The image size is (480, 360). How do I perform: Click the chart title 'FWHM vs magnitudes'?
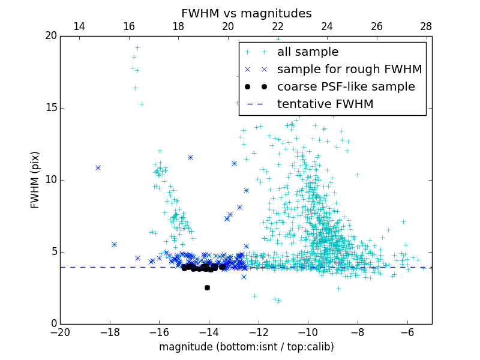pyautogui.click(x=246, y=13)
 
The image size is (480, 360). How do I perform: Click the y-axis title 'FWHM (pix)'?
pyautogui.click(x=35, y=180)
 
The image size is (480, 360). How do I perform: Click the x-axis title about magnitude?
pyautogui.click(x=246, y=347)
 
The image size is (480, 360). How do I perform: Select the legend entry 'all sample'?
pyautogui.click(x=308, y=52)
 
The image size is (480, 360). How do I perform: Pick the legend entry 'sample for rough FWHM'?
pyautogui.click(x=349, y=70)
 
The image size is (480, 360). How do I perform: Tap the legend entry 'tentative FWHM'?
pyautogui.click(x=325, y=104)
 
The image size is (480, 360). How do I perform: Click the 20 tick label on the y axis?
pyautogui.click(x=50, y=36)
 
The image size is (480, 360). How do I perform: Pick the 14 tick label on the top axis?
pyautogui.click(x=79, y=26)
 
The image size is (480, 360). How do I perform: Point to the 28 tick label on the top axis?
pyautogui.click(x=426, y=26)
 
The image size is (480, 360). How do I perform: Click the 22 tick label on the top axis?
pyautogui.click(x=277, y=26)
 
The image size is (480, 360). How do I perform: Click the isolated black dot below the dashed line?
pyautogui.click(x=207, y=287)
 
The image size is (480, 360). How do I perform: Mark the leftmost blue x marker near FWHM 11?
pyautogui.click(x=98, y=167)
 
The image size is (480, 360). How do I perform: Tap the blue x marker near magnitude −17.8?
pyautogui.click(x=114, y=244)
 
